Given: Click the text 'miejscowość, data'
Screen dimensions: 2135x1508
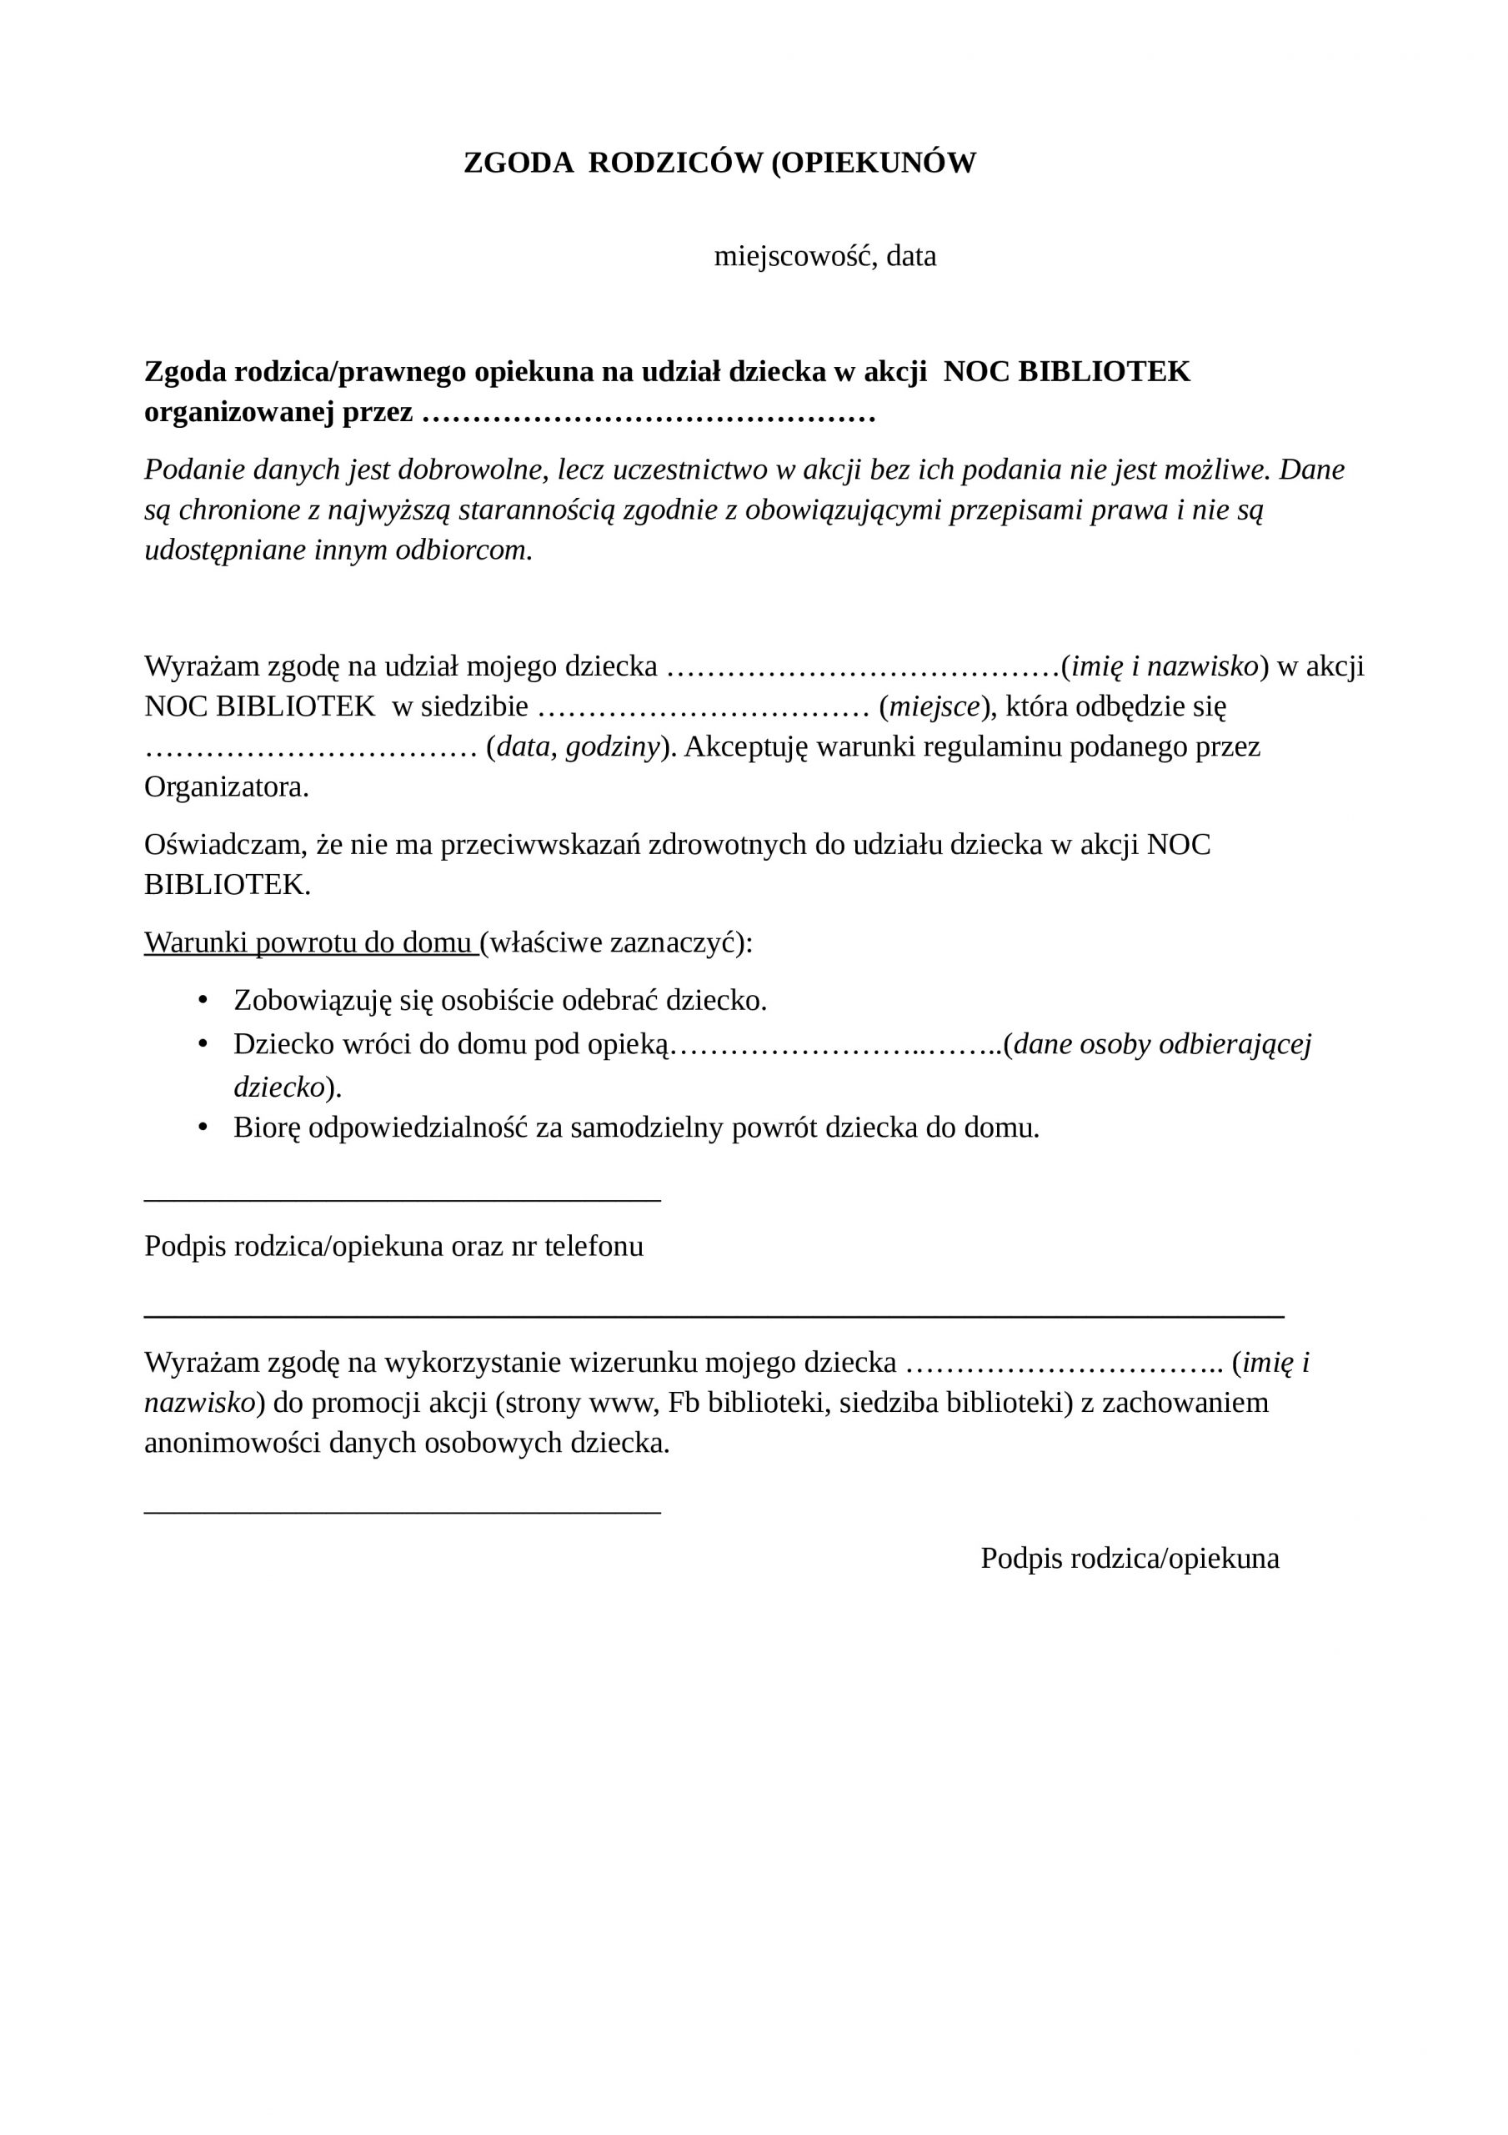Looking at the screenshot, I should (x=824, y=256).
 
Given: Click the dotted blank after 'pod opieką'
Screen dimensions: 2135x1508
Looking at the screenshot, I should (x=837, y=1045).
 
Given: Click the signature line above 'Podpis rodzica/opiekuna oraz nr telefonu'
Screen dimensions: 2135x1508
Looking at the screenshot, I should (x=402, y=1200).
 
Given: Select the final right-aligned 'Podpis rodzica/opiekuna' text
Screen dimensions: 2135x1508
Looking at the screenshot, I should (x=1130, y=1559).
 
